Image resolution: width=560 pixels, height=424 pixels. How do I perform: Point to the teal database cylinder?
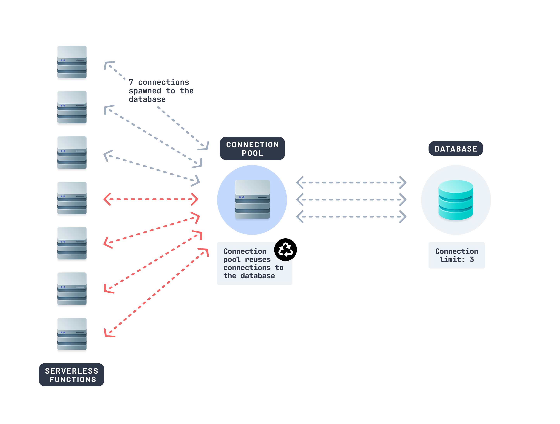pos(455,200)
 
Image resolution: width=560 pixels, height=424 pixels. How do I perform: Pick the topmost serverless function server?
pos(72,62)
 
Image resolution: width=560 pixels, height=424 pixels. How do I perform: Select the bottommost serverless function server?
pos(72,334)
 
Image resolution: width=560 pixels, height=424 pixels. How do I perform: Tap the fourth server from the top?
pos(72,198)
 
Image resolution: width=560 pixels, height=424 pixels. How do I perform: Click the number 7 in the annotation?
pos(131,82)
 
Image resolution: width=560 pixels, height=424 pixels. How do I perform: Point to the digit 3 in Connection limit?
pos(472,259)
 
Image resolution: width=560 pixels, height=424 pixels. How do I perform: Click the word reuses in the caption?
pos(258,259)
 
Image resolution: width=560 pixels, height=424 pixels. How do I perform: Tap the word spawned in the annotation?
pos(145,91)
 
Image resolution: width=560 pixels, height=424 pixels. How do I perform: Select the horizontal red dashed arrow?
pos(151,199)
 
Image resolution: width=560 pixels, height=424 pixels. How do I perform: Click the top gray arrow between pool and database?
pos(351,182)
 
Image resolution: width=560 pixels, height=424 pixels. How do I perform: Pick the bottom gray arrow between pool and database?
pos(351,216)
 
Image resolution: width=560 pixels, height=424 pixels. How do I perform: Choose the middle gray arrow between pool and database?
pos(351,200)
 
